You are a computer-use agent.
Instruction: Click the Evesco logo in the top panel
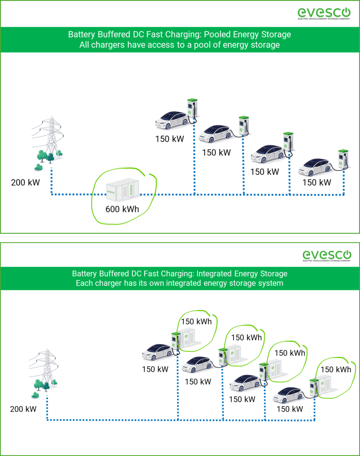click(x=324, y=13)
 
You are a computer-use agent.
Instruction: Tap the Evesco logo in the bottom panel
click(x=327, y=256)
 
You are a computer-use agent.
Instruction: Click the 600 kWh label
click(x=122, y=209)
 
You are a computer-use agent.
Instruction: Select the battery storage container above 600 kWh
click(x=122, y=189)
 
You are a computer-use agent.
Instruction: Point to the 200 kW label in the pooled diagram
click(x=25, y=182)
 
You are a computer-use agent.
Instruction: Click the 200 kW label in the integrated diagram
click(x=23, y=409)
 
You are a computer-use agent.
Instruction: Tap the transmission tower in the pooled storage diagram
click(x=48, y=143)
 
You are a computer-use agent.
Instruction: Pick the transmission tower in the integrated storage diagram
click(x=44, y=373)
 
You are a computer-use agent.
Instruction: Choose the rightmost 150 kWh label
click(x=336, y=369)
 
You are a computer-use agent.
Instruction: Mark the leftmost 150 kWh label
click(x=196, y=322)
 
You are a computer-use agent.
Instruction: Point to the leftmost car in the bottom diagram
click(x=158, y=352)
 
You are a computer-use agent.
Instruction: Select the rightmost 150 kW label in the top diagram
click(x=317, y=182)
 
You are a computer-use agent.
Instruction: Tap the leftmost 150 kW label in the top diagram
click(x=170, y=139)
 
